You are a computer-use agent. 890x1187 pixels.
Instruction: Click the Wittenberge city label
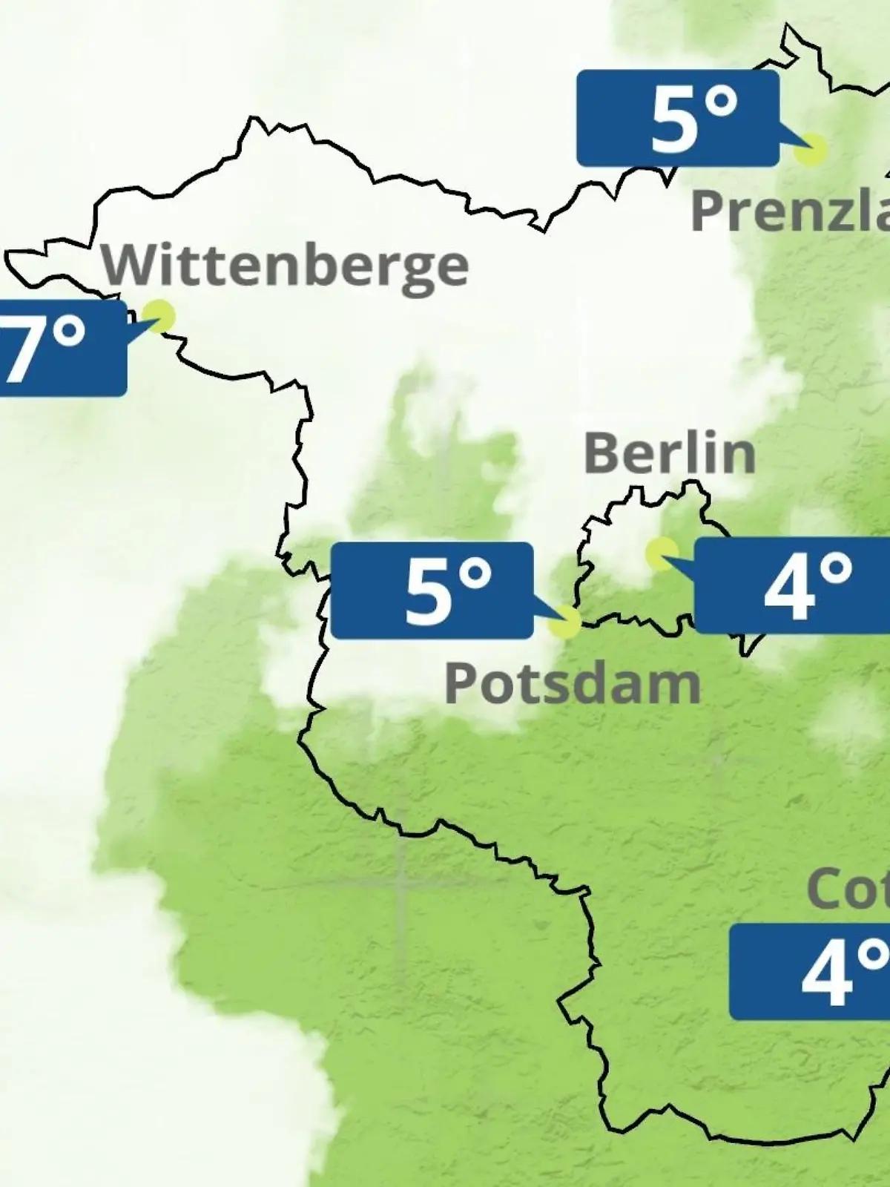tap(286, 266)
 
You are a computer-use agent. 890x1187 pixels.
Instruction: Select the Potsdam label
tap(572, 683)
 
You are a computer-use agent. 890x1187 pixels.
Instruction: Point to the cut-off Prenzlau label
tap(790, 211)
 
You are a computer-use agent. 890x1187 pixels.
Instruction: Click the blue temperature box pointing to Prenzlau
tap(677, 119)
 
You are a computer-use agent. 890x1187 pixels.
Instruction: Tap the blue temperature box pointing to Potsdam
tap(432, 591)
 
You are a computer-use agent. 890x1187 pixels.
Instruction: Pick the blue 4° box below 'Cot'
tap(809, 972)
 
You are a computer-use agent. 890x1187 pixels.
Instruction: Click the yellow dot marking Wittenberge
tap(159, 315)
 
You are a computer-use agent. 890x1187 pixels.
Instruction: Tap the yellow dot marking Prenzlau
tap(810, 149)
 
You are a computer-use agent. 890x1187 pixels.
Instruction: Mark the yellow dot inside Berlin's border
tap(660, 553)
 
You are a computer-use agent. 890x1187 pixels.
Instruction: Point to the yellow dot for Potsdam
tap(565, 622)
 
